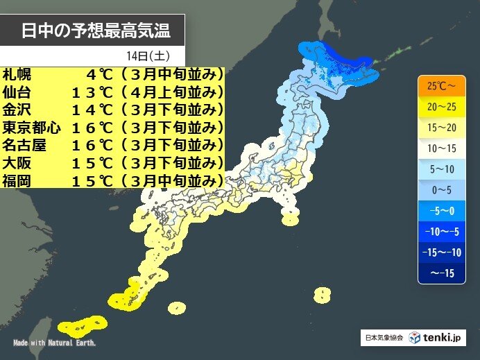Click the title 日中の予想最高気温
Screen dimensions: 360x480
point(94,31)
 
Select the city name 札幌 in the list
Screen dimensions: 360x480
point(16,73)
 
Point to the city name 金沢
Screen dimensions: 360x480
point(16,109)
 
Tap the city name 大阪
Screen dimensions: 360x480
point(16,163)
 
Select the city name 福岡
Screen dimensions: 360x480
point(16,181)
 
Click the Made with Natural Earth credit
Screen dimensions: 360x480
point(55,343)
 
